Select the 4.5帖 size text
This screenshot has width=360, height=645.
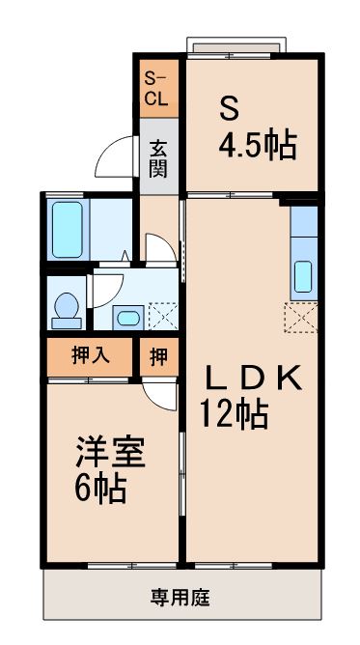(256, 148)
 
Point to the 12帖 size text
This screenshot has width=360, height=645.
(234, 414)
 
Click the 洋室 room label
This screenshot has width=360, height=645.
(111, 454)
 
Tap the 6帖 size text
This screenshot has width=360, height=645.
(100, 490)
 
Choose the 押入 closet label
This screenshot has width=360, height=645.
(91, 355)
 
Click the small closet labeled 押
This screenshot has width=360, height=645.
(157, 355)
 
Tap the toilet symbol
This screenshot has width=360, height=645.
(67, 308)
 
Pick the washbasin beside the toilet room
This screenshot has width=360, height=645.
(126, 316)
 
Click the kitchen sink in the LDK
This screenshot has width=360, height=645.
(304, 276)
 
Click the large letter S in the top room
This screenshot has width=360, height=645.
(228, 104)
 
